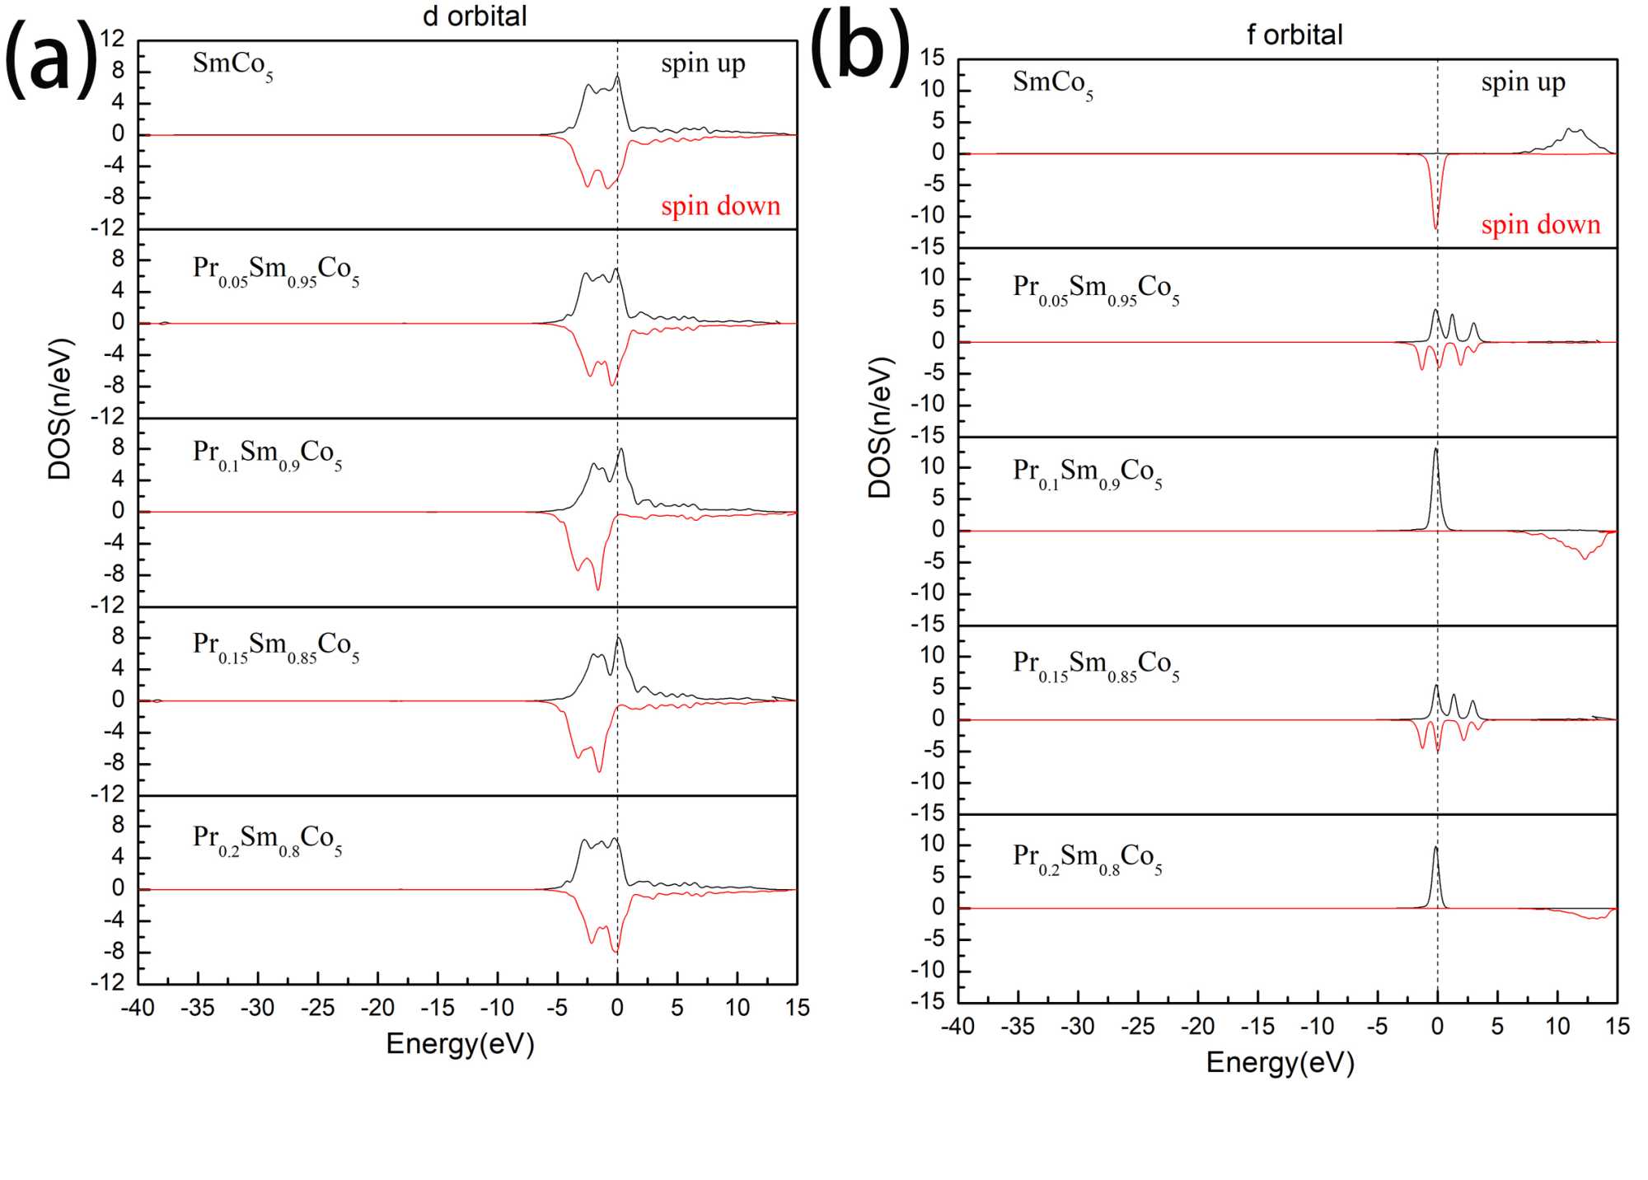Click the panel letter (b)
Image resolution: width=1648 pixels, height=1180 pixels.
click(860, 46)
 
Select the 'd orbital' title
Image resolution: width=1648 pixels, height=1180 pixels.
click(475, 16)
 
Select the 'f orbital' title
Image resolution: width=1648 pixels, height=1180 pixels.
click(1295, 35)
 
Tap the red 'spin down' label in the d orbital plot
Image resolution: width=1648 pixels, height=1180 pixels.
click(720, 206)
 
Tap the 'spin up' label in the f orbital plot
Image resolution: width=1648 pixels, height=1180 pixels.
click(1523, 82)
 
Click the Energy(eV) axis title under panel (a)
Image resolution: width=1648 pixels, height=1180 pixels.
click(460, 1043)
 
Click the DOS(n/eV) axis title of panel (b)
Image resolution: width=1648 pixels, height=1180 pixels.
click(880, 428)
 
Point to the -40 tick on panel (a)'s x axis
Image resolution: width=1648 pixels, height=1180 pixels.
click(138, 1007)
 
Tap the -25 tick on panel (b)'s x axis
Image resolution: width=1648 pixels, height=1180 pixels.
click(1138, 1026)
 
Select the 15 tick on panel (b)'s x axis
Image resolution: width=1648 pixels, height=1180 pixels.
click(1617, 1026)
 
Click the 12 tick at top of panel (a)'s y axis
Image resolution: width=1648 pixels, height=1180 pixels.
click(113, 39)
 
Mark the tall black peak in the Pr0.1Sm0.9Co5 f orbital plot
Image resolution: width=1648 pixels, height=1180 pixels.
click(1435, 450)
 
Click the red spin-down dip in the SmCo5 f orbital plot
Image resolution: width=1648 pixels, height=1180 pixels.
click(1435, 226)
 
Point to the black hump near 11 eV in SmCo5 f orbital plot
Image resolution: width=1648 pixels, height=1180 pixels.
click(1575, 130)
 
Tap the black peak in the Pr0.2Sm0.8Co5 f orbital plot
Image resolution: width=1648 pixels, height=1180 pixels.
click(1435, 849)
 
